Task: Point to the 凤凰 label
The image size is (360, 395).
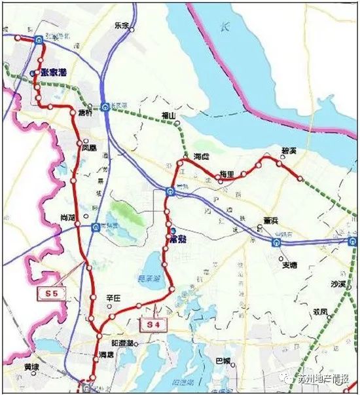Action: pos(88,148)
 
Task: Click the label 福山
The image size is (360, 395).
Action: pos(169,116)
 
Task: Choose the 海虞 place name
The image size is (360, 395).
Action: pos(202,157)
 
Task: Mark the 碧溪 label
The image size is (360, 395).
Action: pos(289,151)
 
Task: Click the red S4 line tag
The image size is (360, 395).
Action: pos(153,324)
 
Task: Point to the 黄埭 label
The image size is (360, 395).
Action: pos(32,367)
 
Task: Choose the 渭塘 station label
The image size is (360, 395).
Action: pos(105,354)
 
